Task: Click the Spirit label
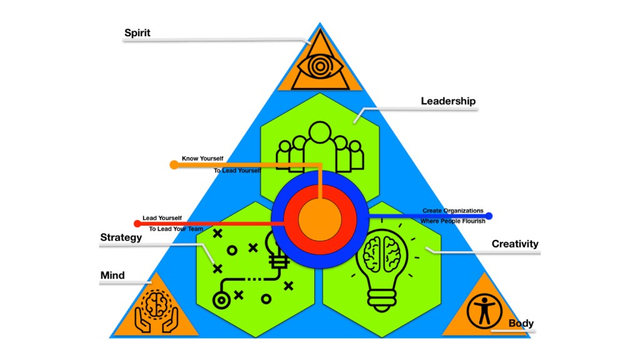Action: [x=137, y=33]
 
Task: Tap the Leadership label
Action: [x=448, y=101]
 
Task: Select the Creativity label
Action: [x=514, y=244]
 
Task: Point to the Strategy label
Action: [x=121, y=237]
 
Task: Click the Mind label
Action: [x=112, y=275]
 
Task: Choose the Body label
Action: [x=521, y=323]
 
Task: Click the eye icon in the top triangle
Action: [x=319, y=65]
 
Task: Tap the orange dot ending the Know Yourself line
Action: [x=174, y=165]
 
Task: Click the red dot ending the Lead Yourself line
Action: [x=137, y=223]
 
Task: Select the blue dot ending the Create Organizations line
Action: [x=489, y=216]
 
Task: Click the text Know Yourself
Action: [x=202, y=159]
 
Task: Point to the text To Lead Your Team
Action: [x=176, y=229]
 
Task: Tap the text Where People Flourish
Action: [x=452, y=222]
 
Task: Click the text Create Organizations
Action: [x=452, y=211]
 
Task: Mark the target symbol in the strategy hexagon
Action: [x=221, y=299]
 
